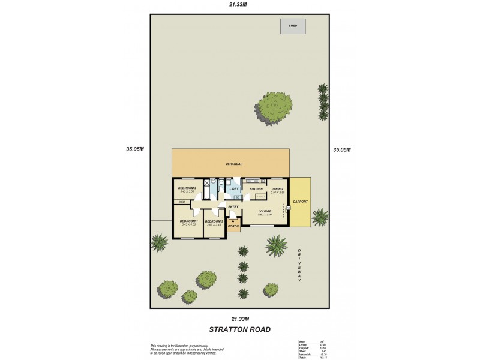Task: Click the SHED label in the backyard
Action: [293, 26]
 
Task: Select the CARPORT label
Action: [300, 202]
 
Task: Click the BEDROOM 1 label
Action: [188, 221]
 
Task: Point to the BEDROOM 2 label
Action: [188, 188]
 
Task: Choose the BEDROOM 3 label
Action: [214, 221]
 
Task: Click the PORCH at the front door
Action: [233, 226]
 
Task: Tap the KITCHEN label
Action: [257, 188]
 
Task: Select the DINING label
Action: [277, 188]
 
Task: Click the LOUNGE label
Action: [265, 211]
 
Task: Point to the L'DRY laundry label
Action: [235, 188]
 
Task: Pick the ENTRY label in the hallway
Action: [233, 207]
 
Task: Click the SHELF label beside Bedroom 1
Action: [182, 202]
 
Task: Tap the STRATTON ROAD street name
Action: [239, 329]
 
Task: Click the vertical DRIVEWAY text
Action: [299, 264]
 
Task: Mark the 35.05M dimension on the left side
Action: [135, 149]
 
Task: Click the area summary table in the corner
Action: [313, 349]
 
